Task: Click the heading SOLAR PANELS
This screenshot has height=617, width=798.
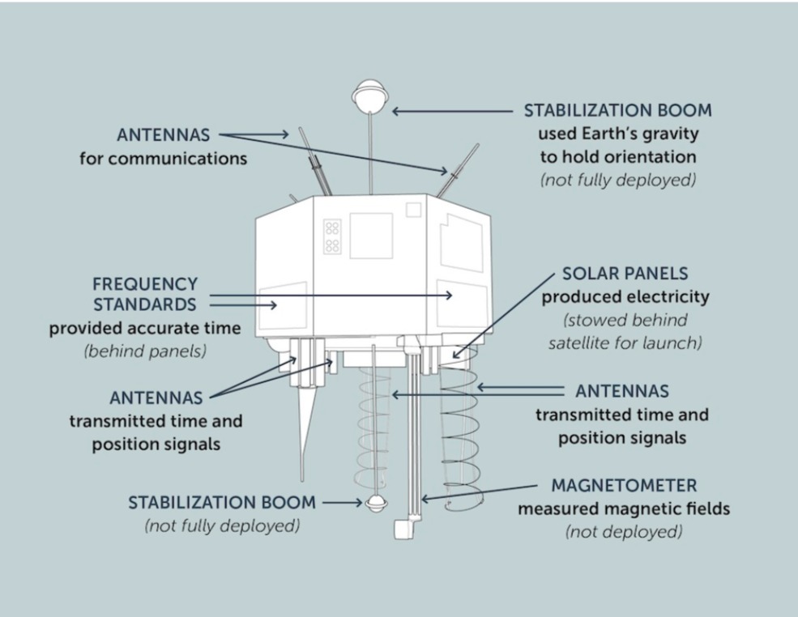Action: click(x=625, y=274)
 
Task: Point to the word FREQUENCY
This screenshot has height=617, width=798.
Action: click(x=145, y=284)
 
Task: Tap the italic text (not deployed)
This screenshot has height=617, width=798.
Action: click(x=623, y=532)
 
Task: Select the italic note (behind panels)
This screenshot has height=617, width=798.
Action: click(x=145, y=351)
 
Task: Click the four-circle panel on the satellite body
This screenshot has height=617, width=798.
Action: click(x=332, y=236)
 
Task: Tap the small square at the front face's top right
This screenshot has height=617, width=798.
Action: click(x=413, y=210)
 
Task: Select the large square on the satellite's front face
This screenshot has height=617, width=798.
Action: click(x=370, y=236)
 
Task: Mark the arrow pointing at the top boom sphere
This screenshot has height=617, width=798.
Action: click(x=454, y=111)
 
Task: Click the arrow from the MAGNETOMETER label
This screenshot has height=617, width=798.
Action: click(x=478, y=492)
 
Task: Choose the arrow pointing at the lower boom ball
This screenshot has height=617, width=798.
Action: click(x=342, y=503)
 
